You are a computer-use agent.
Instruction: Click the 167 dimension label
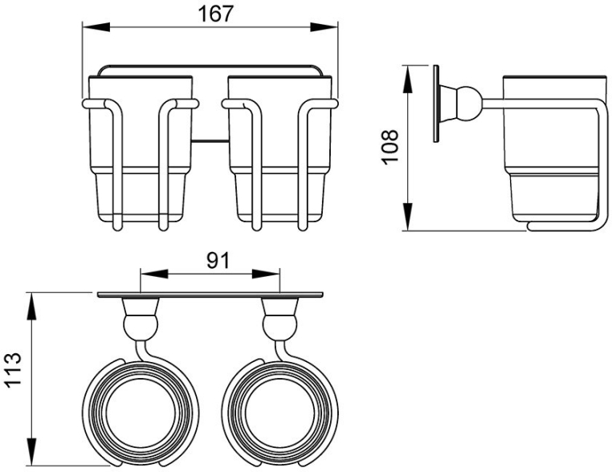coord(215,14)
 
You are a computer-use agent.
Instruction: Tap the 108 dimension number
coord(390,147)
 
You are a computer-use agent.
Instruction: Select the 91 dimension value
coord(218,261)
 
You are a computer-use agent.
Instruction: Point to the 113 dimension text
coord(13,369)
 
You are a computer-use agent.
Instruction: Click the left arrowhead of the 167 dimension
coord(96,27)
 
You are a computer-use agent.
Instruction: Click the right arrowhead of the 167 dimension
coord(324,27)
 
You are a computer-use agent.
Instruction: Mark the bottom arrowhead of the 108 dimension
coord(408,217)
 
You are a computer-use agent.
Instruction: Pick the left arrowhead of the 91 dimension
coord(154,274)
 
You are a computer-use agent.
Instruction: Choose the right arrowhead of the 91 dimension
coord(266,274)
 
